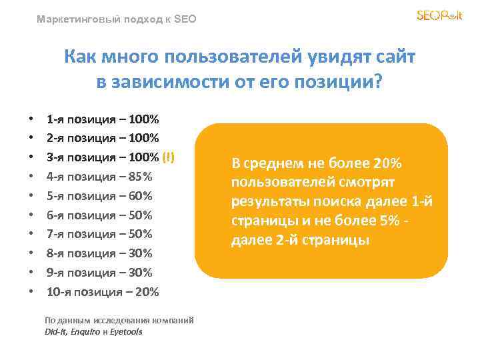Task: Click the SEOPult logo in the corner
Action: [x=439, y=15]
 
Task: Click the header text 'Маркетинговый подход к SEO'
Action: [x=117, y=20]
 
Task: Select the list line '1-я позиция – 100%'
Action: [x=103, y=120]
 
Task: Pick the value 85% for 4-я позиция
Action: [x=142, y=177]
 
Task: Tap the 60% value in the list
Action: [x=142, y=196]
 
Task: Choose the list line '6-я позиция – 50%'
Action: [x=99, y=215]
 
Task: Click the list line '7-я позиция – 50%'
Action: [x=99, y=234]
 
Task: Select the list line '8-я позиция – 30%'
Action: [x=99, y=253]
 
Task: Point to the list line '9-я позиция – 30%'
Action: [x=99, y=272]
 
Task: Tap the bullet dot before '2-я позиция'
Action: [x=31, y=139]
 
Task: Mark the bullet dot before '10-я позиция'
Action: [x=31, y=292]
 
